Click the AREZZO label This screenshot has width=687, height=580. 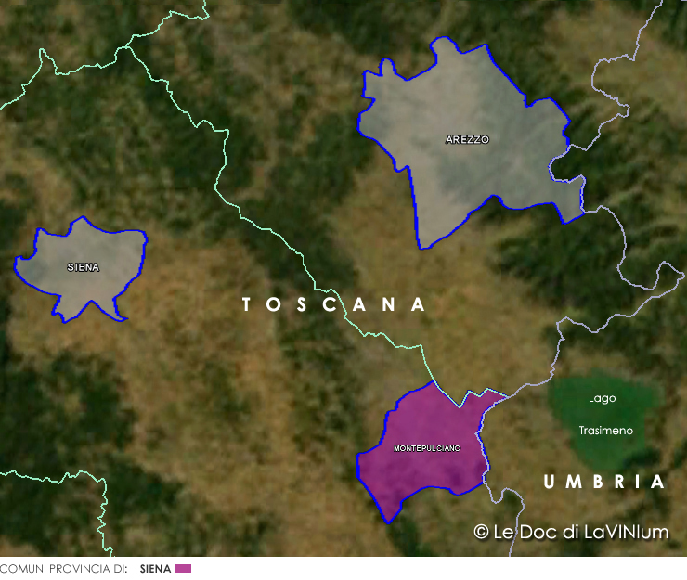click(467, 140)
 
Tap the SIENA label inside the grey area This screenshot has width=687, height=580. click(83, 267)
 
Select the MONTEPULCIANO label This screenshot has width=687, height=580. click(427, 448)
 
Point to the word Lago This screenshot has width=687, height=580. click(602, 398)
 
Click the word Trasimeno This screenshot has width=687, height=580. click(605, 431)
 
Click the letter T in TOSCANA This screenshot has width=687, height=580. click(248, 304)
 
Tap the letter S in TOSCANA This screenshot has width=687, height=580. click(302, 304)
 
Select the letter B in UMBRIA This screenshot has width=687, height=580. click(599, 483)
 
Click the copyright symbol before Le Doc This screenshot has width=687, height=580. click(481, 532)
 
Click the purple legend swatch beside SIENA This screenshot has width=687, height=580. click(182, 568)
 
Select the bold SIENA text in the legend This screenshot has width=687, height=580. click(155, 568)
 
